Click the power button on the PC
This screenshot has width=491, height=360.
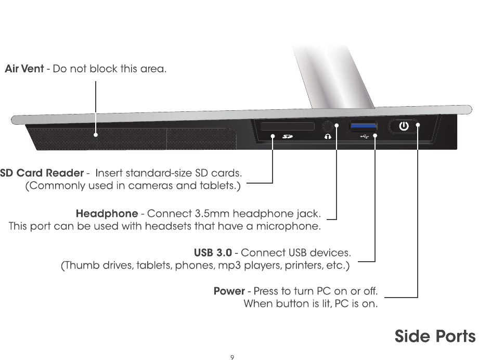pyautogui.click(x=404, y=126)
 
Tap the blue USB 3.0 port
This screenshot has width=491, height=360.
pyautogui.click(x=363, y=125)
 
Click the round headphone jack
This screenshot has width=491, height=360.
pyautogui.click(x=328, y=126)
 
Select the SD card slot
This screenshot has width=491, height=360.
pyautogui.click(x=288, y=126)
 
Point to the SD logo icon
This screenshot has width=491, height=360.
pyautogui.click(x=288, y=137)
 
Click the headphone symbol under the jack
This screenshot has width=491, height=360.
pyautogui.click(x=328, y=137)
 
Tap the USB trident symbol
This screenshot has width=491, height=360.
pyautogui.click(x=364, y=137)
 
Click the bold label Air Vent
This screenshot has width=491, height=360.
pyautogui.click(x=24, y=69)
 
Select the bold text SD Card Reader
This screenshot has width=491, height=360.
pyautogui.click(x=42, y=173)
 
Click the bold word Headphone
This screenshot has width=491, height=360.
pyautogui.click(x=107, y=213)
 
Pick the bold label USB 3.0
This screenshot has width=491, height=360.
pyautogui.click(x=213, y=253)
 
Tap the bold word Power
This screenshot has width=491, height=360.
pyautogui.click(x=229, y=290)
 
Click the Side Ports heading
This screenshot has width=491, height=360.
pyautogui.click(x=435, y=336)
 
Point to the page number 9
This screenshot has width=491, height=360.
pyautogui.click(x=232, y=357)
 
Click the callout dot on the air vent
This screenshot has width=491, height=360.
pyautogui.click(x=96, y=135)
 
